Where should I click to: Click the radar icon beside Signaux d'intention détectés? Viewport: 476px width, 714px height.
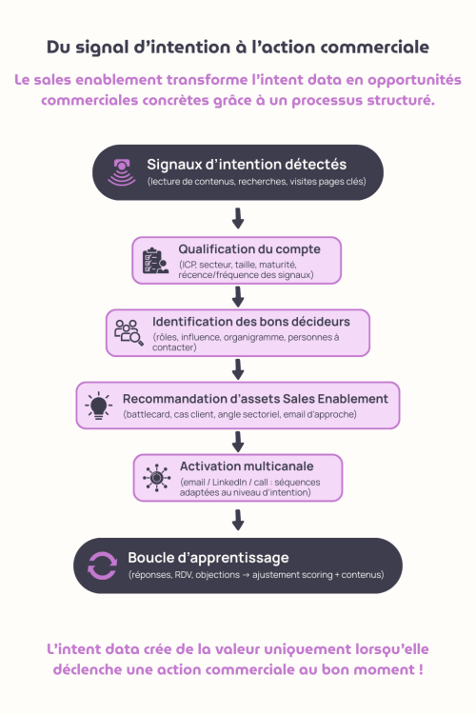click(x=122, y=171)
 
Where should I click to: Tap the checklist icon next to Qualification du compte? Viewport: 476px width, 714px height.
click(x=155, y=260)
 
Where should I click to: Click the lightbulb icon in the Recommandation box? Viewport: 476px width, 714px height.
click(x=99, y=404)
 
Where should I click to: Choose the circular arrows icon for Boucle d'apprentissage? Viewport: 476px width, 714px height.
click(x=102, y=565)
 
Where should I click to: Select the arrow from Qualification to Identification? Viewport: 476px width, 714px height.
click(x=238, y=295)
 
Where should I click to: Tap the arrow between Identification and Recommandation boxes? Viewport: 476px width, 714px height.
click(x=238, y=368)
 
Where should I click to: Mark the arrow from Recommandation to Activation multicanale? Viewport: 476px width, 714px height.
click(x=238, y=441)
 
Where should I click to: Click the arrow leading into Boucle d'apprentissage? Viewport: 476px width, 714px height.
click(x=238, y=519)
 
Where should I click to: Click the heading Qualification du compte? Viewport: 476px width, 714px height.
click(x=249, y=249)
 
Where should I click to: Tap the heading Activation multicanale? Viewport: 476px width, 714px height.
click(x=247, y=466)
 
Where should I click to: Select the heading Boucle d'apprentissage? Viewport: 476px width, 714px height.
click(x=208, y=557)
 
